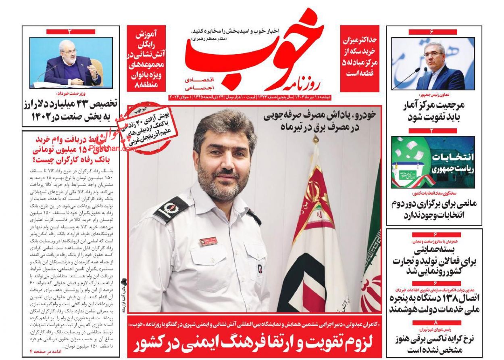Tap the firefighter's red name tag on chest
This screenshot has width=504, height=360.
point(210,241)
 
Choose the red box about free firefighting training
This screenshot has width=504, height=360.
point(146,59)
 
